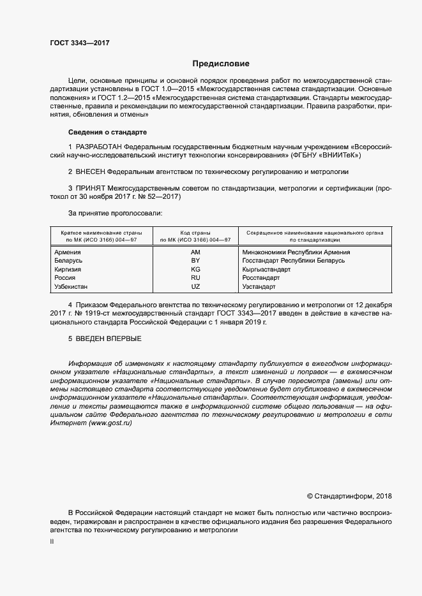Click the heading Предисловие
tap(221, 64)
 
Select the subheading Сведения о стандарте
tap(107, 132)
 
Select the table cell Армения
tap(68, 252)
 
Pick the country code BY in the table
tap(195, 261)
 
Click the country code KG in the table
tap(195, 270)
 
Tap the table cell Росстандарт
tap(261, 278)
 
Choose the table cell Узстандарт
tap(259, 287)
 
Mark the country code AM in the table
tap(195, 252)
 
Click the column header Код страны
tap(195, 233)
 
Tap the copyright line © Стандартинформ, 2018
tap(349, 496)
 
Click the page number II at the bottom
tap(52, 541)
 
